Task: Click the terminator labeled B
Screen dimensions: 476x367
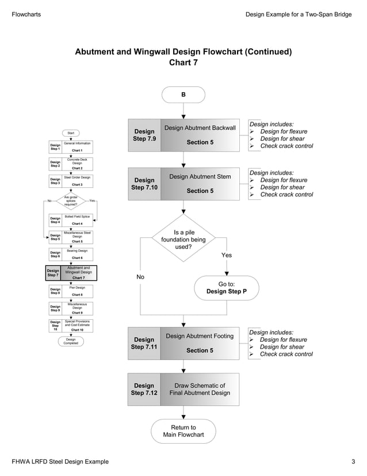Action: tap(183, 95)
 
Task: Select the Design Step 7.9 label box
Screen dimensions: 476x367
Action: tap(144, 135)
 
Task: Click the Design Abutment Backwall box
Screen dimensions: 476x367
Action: tap(200, 135)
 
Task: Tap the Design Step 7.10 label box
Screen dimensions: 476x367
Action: tap(144, 184)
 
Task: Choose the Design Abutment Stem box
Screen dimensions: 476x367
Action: tap(200, 184)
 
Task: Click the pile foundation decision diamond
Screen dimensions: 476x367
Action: tap(183, 240)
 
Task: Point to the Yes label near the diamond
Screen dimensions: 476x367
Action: tap(227, 255)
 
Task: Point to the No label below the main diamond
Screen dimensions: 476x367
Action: tap(140, 277)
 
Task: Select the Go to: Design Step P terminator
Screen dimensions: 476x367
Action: tap(227, 288)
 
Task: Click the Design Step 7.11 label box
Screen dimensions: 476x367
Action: tap(144, 343)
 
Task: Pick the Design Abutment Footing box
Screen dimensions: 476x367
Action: tap(200, 343)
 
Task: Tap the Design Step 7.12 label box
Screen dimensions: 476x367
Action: tap(144, 390)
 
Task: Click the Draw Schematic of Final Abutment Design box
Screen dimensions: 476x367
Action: tap(200, 390)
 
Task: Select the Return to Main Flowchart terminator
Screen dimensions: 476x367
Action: tap(183, 431)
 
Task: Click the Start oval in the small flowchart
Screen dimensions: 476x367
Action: tap(71, 133)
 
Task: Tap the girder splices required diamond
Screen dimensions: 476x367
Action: tap(71, 201)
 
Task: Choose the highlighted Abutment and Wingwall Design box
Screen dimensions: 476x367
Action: tap(78, 273)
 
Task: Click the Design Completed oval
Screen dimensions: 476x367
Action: tap(71, 341)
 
